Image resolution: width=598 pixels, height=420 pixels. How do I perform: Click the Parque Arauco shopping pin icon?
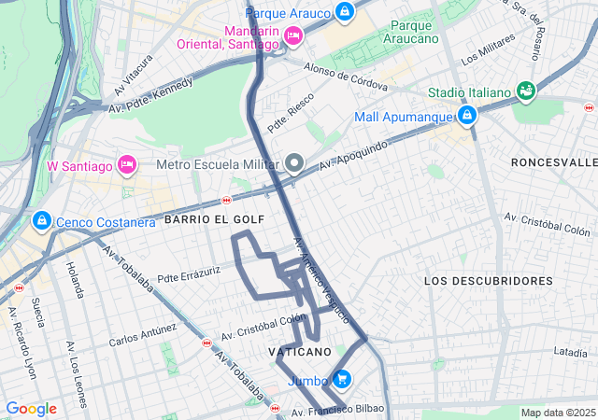coord(345,12)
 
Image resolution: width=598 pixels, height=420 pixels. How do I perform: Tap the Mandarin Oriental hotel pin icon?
coord(292,36)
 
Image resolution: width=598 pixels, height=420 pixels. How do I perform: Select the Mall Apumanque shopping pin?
coord(466,117)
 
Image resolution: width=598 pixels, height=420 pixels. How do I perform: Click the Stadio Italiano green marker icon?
coord(526,91)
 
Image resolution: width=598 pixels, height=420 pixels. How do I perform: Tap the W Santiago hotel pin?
coord(127,166)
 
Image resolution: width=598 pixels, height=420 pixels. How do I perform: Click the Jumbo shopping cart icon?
coord(342,380)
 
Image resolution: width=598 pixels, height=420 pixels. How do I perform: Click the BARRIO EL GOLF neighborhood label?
coord(214,218)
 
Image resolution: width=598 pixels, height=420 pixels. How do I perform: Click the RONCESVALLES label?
coord(553,161)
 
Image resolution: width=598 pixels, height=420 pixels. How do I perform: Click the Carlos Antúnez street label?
coord(142,334)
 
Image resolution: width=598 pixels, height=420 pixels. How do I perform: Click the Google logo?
coord(31,409)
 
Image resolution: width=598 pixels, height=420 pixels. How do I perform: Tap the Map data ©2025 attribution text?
coord(557,413)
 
